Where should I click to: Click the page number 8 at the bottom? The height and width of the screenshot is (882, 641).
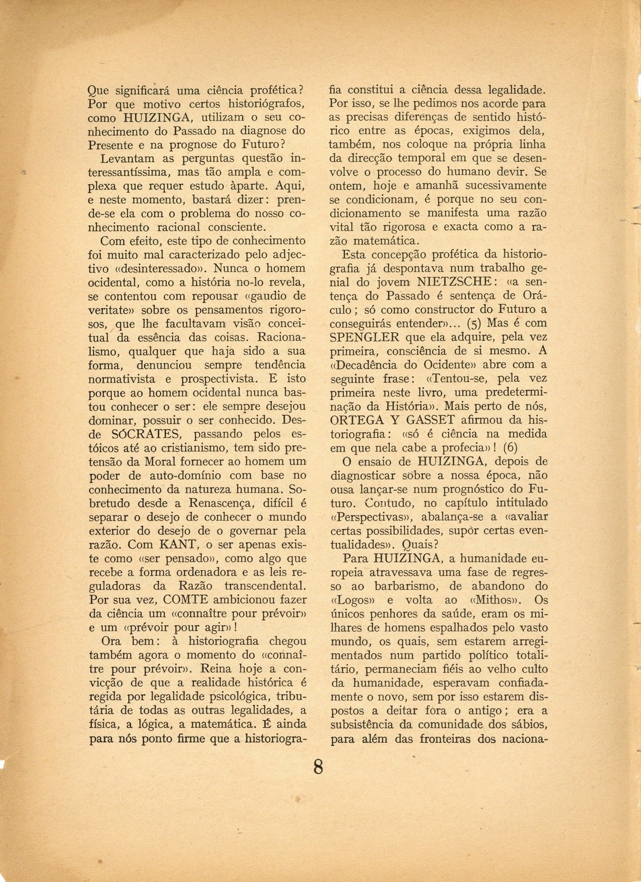319,767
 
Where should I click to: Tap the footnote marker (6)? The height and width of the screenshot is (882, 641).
510,447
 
